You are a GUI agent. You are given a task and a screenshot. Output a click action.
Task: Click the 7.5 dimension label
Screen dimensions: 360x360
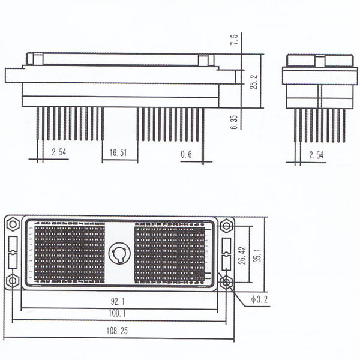pyautogui.click(x=235, y=40)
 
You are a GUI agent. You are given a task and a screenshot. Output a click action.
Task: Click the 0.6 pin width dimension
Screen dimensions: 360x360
pyautogui.click(x=186, y=154)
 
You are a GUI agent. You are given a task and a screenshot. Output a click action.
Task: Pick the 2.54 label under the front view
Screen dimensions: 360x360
pyautogui.click(x=59, y=153)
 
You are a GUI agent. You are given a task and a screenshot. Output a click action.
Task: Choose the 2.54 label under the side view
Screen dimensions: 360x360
pyautogui.click(x=316, y=155)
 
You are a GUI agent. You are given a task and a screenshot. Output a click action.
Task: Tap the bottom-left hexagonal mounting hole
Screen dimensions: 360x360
pyautogui.click(x=13, y=281)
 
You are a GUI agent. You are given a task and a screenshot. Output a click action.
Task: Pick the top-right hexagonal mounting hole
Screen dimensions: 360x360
pyautogui.click(x=226, y=226)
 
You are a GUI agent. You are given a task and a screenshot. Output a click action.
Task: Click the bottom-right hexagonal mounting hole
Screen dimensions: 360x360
pyautogui.click(x=226, y=281)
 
